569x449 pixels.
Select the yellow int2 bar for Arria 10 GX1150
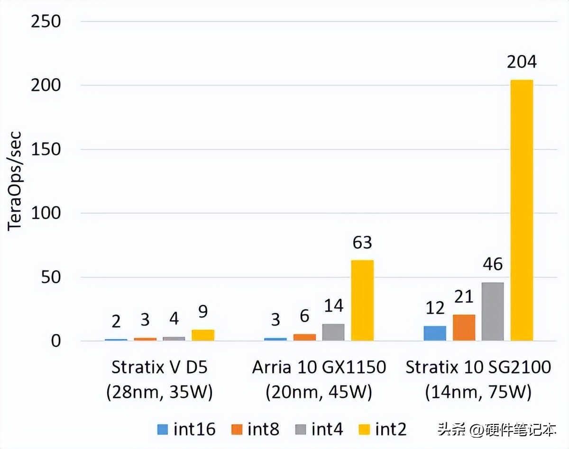tap(362, 300)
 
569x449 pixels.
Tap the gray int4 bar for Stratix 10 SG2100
tap(493, 311)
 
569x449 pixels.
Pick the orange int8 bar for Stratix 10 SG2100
tap(464, 327)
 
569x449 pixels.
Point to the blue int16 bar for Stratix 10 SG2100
tap(435, 333)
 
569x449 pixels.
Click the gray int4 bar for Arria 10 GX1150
tap(333, 332)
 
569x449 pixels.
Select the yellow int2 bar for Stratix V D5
tap(203, 335)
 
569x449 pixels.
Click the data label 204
tap(522, 62)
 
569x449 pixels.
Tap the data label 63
tap(362, 242)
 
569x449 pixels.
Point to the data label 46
tap(493, 264)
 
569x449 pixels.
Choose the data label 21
tap(464, 296)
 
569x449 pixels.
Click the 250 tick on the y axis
tap(46, 22)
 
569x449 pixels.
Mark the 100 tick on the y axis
tap(46, 213)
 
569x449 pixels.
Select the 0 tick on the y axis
tap(56, 341)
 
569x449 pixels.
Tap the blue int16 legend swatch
tap(163, 430)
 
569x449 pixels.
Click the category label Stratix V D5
tap(159, 367)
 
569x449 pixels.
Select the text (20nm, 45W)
tap(319, 392)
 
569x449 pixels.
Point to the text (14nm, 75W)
tap(478, 392)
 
